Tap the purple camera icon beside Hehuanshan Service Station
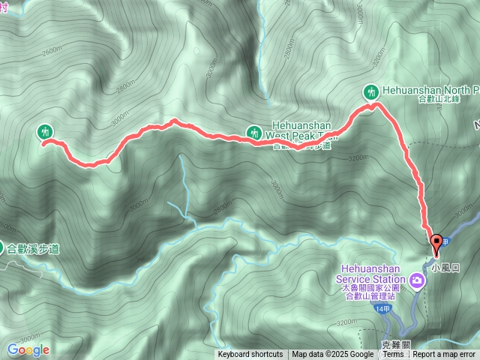pos(416,282)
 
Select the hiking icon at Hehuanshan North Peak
pos(370,92)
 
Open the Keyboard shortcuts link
pos(250,355)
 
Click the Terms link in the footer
pos(392,355)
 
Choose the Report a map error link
pos(445,355)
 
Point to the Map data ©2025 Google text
pos(332,355)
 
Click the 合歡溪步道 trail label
pos(33,248)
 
